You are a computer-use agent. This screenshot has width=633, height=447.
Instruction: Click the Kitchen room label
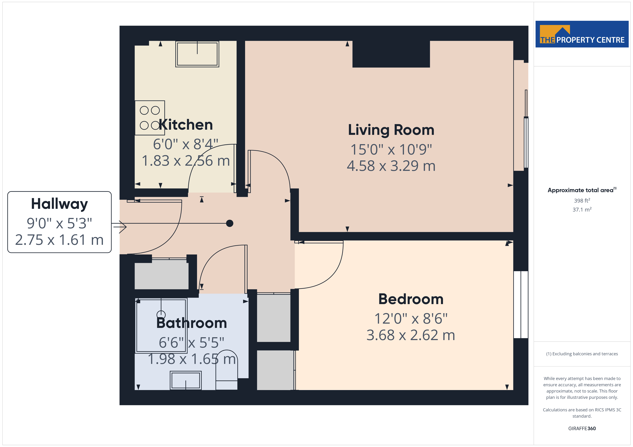[x=186, y=125]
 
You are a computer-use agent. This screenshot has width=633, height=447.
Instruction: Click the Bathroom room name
[x=192, y=323]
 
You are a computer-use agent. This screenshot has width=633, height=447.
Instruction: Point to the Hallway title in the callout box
[x=60, y=204]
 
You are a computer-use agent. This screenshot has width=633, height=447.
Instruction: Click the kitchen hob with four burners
[x=150, y=118]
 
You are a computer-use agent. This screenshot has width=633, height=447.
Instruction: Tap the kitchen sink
[x=197, y=54]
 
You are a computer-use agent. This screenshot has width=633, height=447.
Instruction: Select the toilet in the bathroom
[x=226, y=370]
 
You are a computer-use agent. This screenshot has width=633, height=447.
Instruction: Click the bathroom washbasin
[x=186, y=380]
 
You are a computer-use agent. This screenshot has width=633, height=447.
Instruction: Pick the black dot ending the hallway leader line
[x=230, y=223]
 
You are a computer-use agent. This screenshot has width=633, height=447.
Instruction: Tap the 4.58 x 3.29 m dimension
[x=391, y=166]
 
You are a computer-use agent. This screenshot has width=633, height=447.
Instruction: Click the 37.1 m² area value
[x=582, y=210]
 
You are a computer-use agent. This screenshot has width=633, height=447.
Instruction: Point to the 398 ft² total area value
[x=582, y=200]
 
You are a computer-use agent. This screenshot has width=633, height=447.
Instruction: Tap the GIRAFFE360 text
[x=582, y=428]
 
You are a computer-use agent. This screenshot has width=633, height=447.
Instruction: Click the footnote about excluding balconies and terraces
[x=582, y=354]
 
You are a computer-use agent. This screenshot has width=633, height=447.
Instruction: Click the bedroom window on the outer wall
[x=521, y=304]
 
